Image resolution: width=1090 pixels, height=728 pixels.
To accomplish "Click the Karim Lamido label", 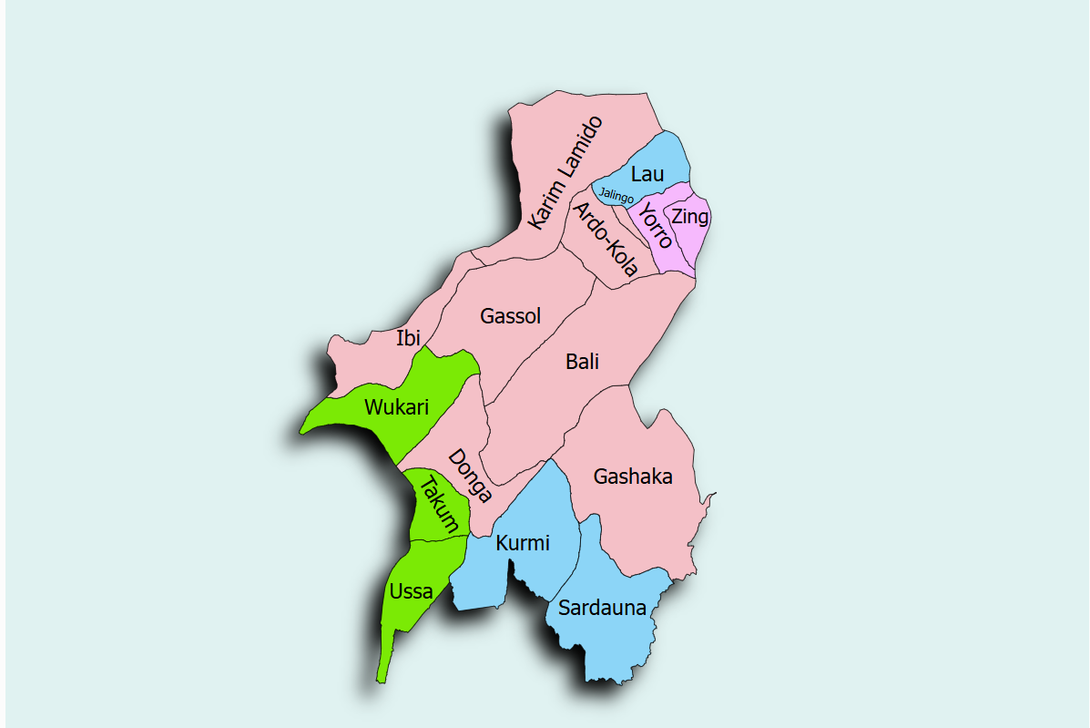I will coord(565,172).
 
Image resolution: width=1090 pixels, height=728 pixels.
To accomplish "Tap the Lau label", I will coord(647,174).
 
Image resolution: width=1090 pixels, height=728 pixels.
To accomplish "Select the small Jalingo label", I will coord(616,195).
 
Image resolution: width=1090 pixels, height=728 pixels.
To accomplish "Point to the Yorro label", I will coord(655,226).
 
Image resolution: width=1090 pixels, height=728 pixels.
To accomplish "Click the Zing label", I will coord(689,217).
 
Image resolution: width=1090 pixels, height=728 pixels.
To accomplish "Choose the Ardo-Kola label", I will coord(605,239).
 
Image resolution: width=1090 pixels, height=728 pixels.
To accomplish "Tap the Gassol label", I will coord(511,316).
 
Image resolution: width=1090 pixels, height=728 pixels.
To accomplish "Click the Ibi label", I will coord(408,338).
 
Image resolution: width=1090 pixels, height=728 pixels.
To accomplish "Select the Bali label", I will coord(583,362).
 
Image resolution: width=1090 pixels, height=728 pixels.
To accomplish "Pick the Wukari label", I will coord(396,407).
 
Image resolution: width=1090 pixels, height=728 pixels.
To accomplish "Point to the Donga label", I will coord(470,476).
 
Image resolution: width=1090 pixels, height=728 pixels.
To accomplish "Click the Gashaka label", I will coord(633,477).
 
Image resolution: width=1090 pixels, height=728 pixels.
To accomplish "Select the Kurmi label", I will coord(523,544).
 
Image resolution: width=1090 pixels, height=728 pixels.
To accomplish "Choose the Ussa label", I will coord(411,591).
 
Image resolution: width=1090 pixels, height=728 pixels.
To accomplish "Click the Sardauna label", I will coord(602,608).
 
